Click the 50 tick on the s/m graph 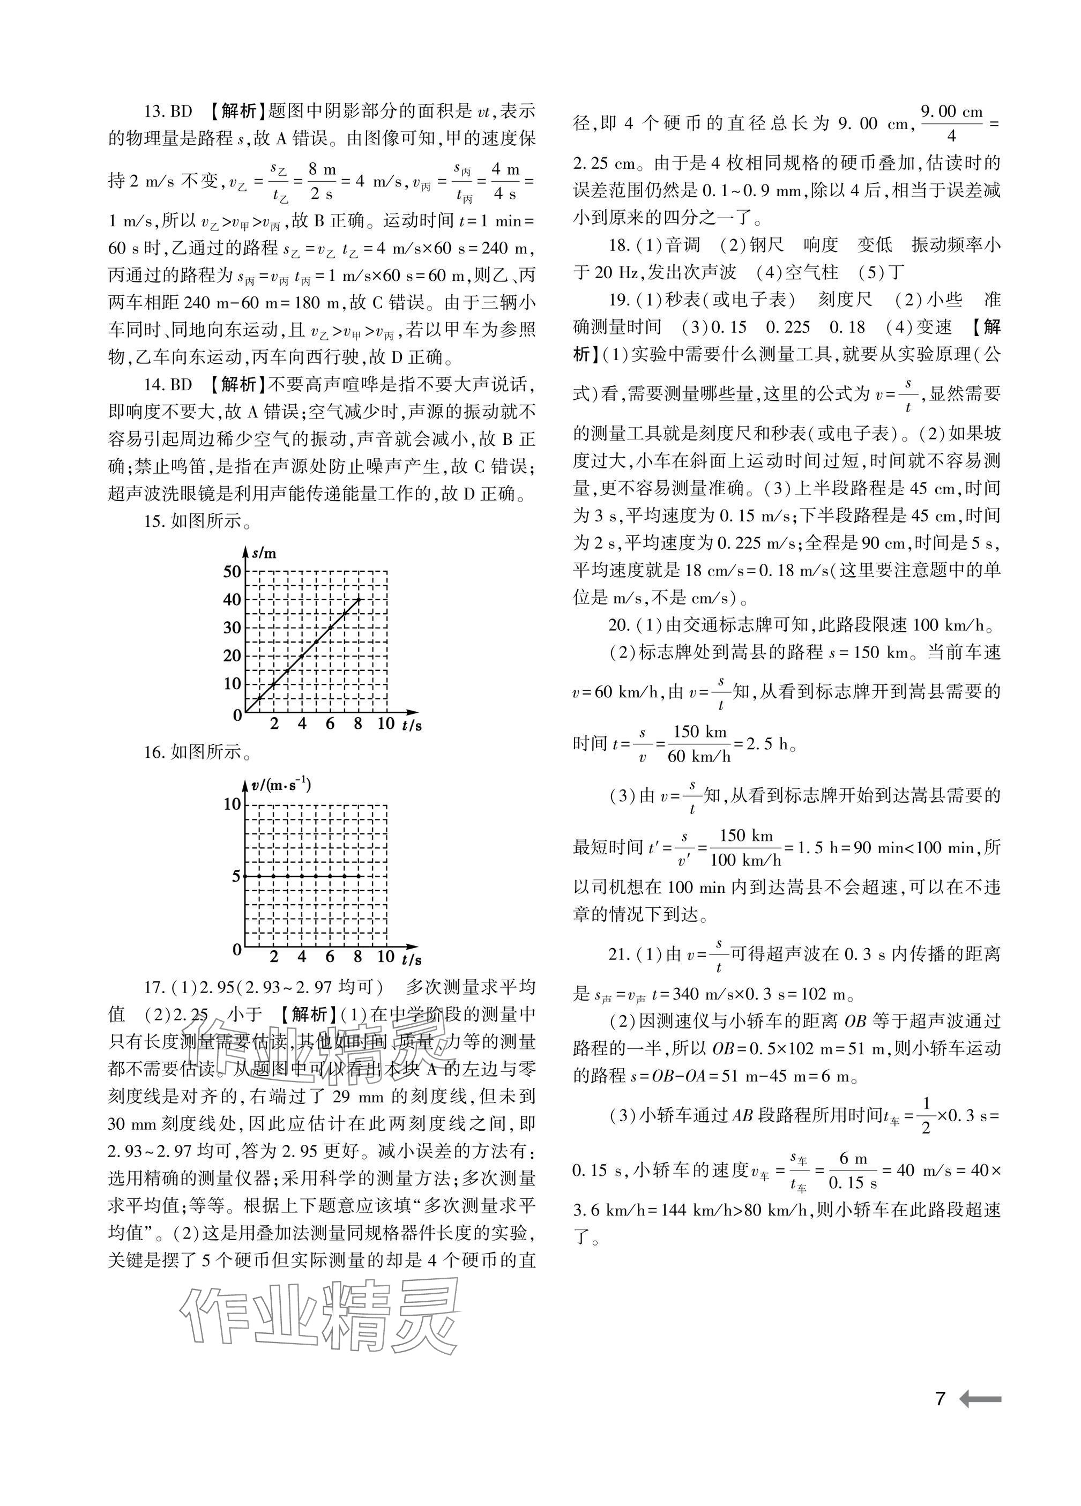232,571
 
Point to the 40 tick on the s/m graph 232,600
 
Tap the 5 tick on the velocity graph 236,876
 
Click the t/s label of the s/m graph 412,725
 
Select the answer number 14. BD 168,384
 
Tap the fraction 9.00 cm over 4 951,123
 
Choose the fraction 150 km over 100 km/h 745,847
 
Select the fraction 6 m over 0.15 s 853,1170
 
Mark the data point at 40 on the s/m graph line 359,599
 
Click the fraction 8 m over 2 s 322,181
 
